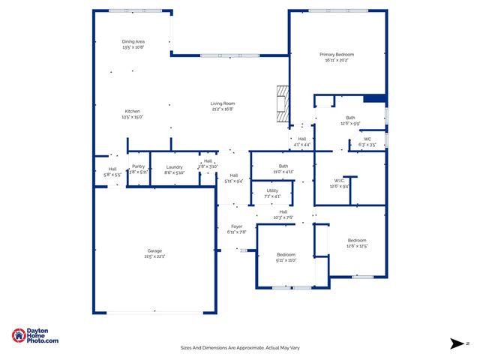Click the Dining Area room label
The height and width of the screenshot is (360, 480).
tap(133, 44)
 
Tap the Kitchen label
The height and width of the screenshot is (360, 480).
tap(132, 114)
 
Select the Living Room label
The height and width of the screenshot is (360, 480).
tap(222, 106)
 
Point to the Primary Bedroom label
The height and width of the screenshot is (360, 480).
tap(337, 58)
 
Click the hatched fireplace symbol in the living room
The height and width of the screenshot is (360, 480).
tap(282, 104)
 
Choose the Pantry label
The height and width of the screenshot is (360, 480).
tap(138, 169)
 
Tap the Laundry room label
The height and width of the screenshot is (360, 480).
tap(174, 169)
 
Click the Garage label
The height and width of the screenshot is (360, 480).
tap(154, 253)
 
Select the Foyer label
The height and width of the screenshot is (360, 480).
tap(236, 229)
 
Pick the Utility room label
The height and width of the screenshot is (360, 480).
tap(273, 193)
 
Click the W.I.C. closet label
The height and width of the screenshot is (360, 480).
tap(340, 183)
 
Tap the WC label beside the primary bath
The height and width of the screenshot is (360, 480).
tap(367, 141)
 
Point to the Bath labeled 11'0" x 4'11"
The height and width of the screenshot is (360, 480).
tap(283, 169)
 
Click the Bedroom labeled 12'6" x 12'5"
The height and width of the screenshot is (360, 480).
tap(357, 243)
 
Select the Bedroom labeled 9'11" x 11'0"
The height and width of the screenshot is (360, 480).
tap(286, 257)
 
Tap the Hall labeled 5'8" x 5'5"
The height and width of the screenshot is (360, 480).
tap(112, 171)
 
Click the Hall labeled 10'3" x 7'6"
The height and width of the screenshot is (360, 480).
tap(283, 214)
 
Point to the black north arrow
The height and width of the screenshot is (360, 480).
tap(457, 343)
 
